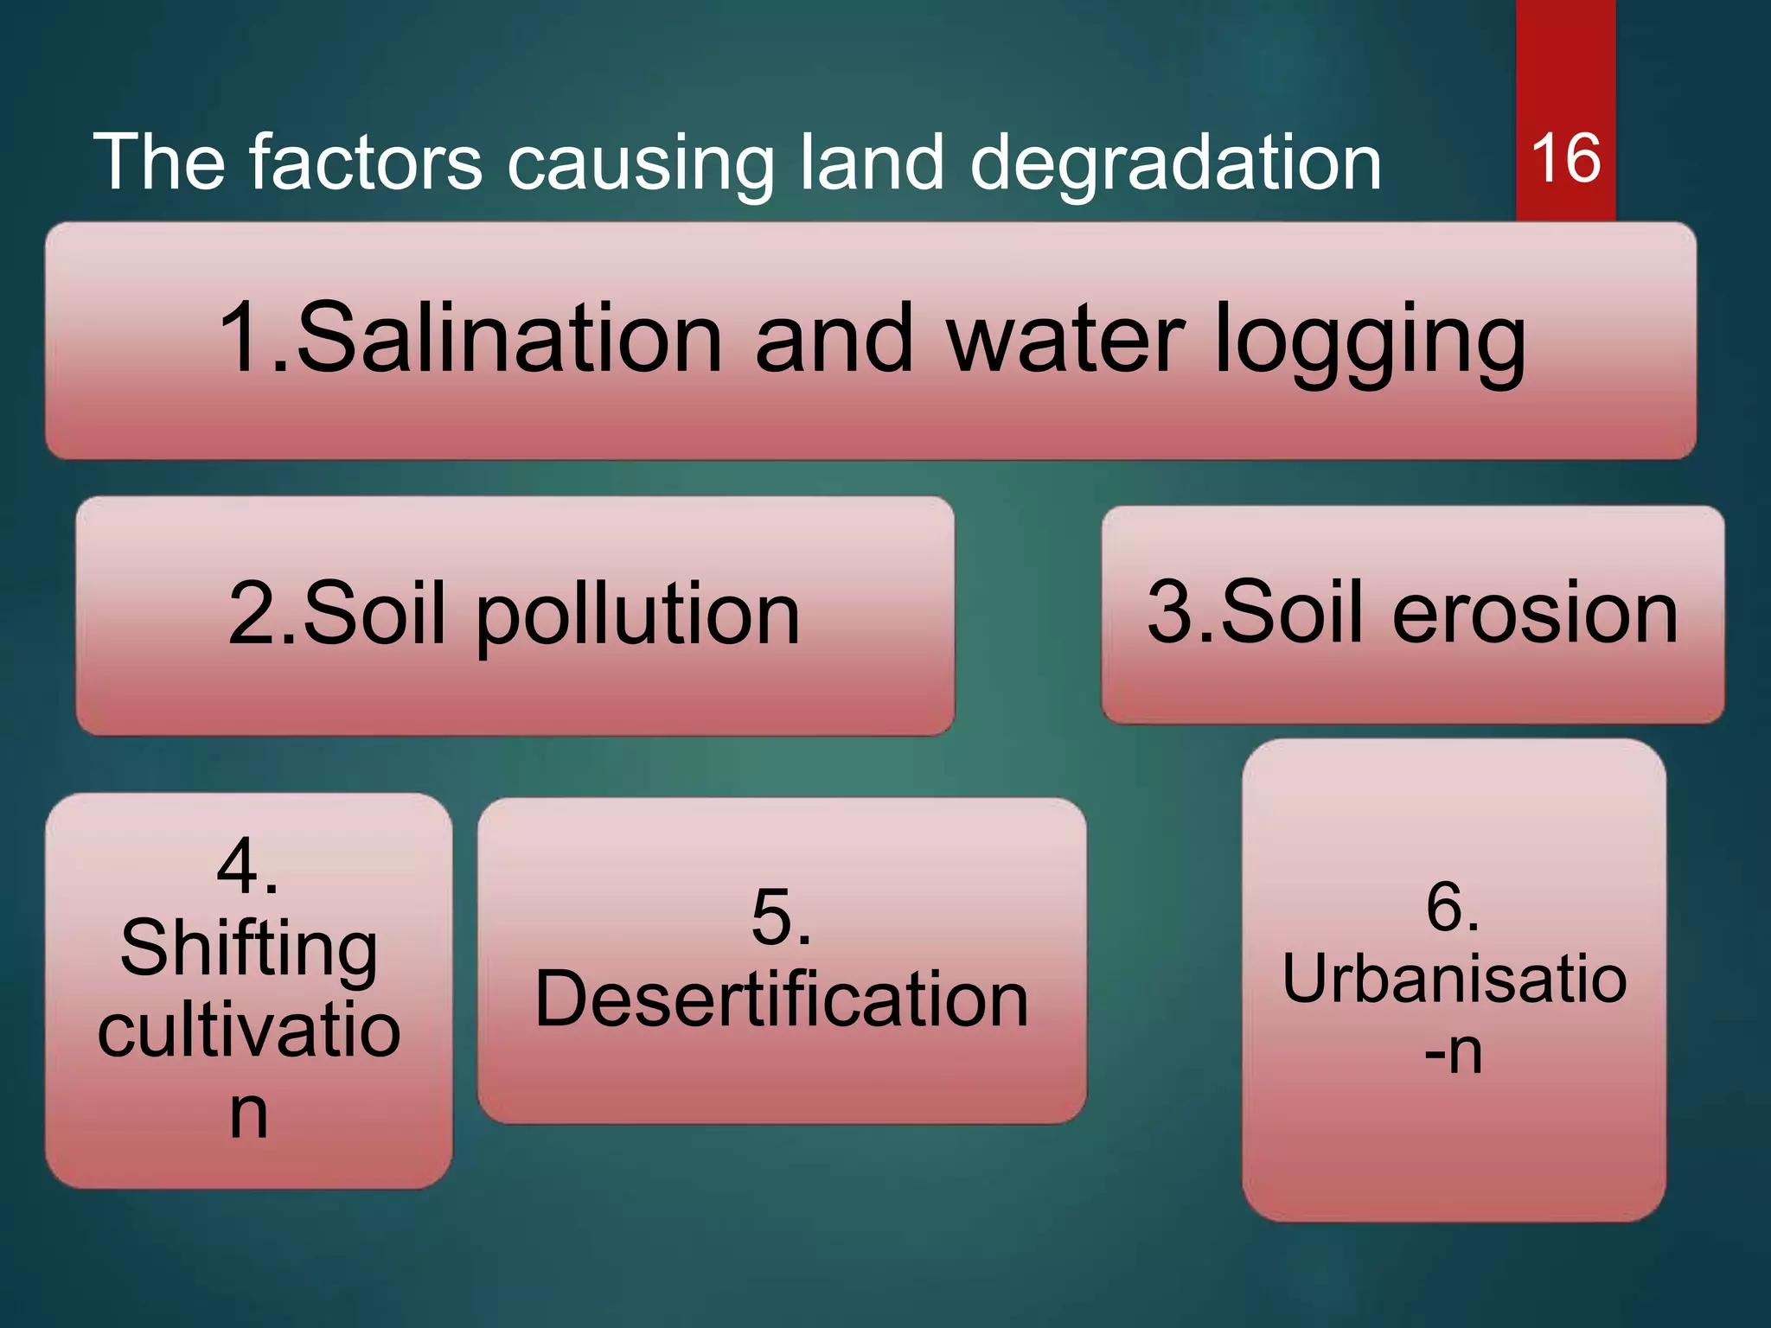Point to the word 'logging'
1370,342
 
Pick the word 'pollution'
638,616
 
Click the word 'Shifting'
249,949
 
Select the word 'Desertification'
782,999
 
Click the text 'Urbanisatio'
1455,979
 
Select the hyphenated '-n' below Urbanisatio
1453,1051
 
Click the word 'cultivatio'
249,1031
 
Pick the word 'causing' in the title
640,164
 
